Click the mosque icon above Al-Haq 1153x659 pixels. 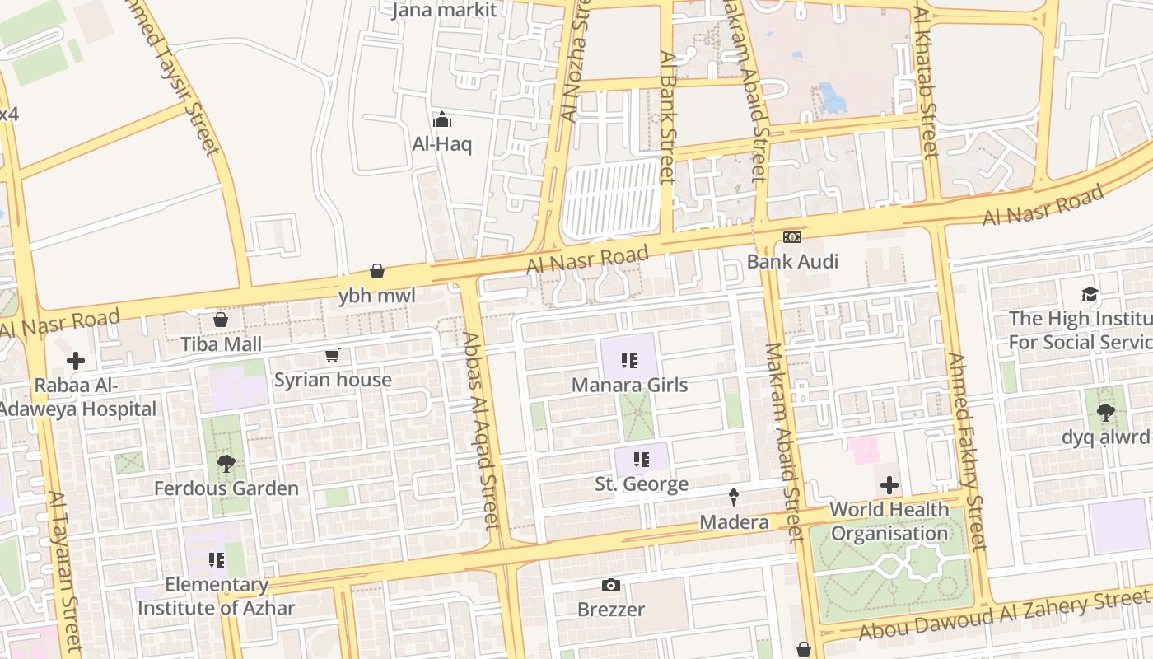tap(442, 120)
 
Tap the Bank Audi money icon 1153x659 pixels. tap(791, 237)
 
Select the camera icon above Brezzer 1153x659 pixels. tap(610, 585)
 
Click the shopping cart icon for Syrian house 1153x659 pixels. tap(332, 356)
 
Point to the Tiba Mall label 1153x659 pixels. tap(222, 344)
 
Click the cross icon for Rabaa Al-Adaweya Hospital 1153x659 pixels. tap(76, 361)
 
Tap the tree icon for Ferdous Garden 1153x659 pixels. tap(226, 464)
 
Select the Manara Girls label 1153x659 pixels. tap(629, 385)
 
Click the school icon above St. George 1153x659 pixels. tap(641, 459)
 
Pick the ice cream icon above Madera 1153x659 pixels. tap(734, 498)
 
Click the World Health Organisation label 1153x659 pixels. tap(889, 521)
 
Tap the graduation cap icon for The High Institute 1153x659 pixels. tap(1090, 294)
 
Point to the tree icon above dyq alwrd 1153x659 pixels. tap(1105, 412)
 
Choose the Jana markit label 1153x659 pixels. tap(444, 10)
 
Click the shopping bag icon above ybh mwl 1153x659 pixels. tap(377, 271)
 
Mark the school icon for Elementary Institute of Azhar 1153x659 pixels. tap(217, 560)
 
